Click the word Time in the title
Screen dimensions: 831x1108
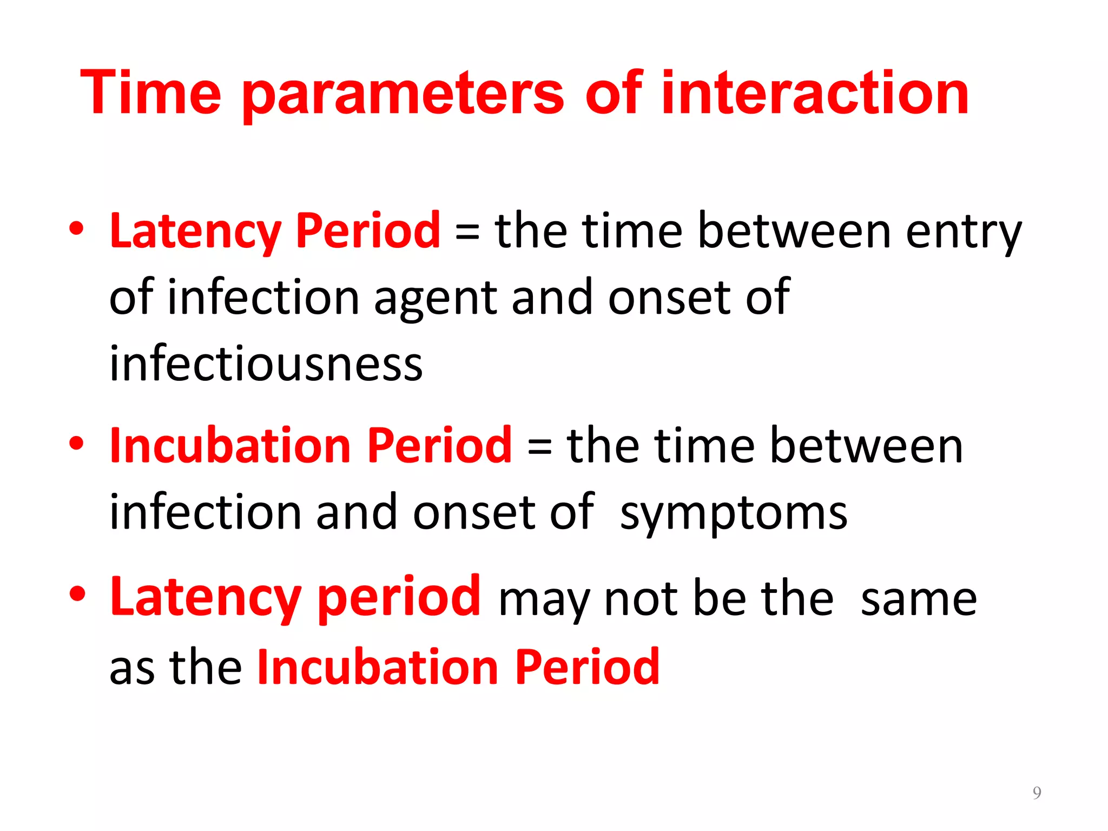coord(150,93)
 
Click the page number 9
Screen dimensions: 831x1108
coord(1037,793)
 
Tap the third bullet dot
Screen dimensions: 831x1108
coord(76,593)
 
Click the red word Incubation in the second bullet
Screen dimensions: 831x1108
coord(230,446)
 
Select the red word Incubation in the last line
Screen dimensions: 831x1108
coord(377,667)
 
